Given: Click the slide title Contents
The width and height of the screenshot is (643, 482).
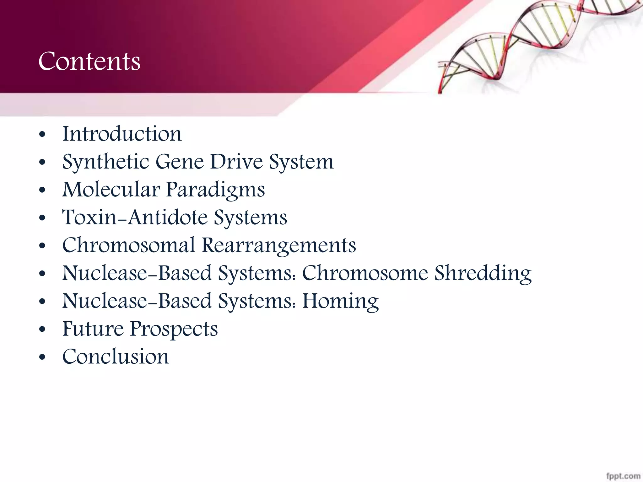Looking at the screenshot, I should click(89, 61).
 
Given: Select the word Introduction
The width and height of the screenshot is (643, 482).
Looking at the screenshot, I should click(122, 134).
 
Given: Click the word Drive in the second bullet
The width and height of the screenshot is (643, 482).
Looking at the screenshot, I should click(236, 162).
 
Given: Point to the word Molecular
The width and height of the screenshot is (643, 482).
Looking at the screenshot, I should click(111, 190).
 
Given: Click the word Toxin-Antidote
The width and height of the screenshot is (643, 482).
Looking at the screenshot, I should click(135, 217).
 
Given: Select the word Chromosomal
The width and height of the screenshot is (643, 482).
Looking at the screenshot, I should click(129, 245).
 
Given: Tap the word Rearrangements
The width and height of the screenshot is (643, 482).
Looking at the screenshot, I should click(279, 246).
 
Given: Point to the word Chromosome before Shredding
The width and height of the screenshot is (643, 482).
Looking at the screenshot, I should click(365, 273).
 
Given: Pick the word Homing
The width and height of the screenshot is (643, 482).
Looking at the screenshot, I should click(340, 301).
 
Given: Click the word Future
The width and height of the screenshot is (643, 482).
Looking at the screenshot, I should click(93, 329).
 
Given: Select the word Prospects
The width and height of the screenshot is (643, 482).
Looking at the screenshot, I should click(174, 329).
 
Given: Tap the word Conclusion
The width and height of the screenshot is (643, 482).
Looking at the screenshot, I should click(116, 357).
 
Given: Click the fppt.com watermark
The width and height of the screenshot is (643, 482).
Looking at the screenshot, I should click(623, 476).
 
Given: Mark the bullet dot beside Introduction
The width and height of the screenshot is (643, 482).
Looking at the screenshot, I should click(42, 135).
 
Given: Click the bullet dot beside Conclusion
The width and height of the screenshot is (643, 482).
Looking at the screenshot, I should click(42, 357).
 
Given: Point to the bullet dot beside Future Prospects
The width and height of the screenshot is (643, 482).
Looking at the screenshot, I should click(42, 330).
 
